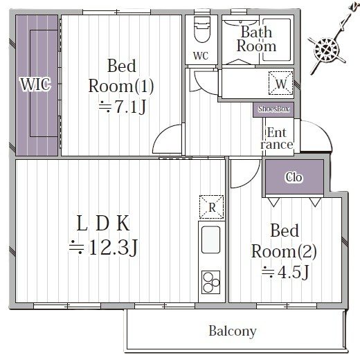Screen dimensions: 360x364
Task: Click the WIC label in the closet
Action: pos(35,84)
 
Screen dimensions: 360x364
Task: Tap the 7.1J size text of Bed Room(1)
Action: pos(123,107)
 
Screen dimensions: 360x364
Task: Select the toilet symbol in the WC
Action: pos(202,30)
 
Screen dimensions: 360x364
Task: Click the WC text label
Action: pos(201,56)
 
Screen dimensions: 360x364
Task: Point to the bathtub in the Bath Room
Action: pos(277,39)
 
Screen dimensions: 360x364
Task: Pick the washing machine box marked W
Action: pos(280,83)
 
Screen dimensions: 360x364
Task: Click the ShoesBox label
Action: pos(273,109)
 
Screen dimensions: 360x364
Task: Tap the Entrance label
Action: pos(277,138)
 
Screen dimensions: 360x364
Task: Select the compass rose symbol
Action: pos(327,50)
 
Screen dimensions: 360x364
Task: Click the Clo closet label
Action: pos(294,177)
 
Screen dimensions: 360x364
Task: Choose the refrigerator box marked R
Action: pos(212,207)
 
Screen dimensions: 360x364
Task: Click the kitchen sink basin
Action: pos(210,239)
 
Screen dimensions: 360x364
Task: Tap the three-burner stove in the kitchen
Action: pos(211,282)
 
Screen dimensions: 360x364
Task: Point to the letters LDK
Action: pos(103,223)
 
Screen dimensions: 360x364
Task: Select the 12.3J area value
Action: pos(104,248)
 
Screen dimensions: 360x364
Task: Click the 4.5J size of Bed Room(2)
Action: pos(285,272)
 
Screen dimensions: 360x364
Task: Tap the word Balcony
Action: pos(233,331)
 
